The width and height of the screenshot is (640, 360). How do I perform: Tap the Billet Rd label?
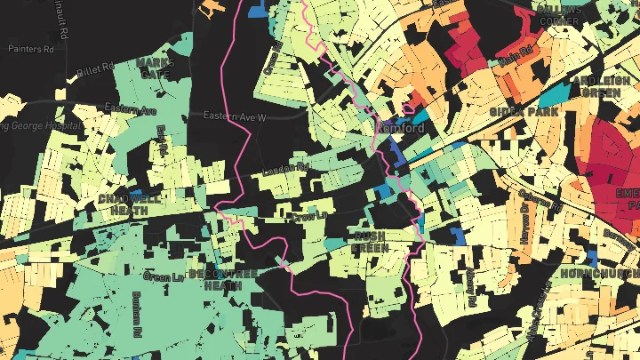click(95, 68)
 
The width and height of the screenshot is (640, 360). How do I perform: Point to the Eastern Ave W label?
click(235, 116)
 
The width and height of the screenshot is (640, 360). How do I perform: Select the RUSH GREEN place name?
click(370, 242)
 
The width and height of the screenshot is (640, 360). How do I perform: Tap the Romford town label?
click(402, 128)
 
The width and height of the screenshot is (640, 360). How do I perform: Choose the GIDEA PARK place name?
click(524, 113)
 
